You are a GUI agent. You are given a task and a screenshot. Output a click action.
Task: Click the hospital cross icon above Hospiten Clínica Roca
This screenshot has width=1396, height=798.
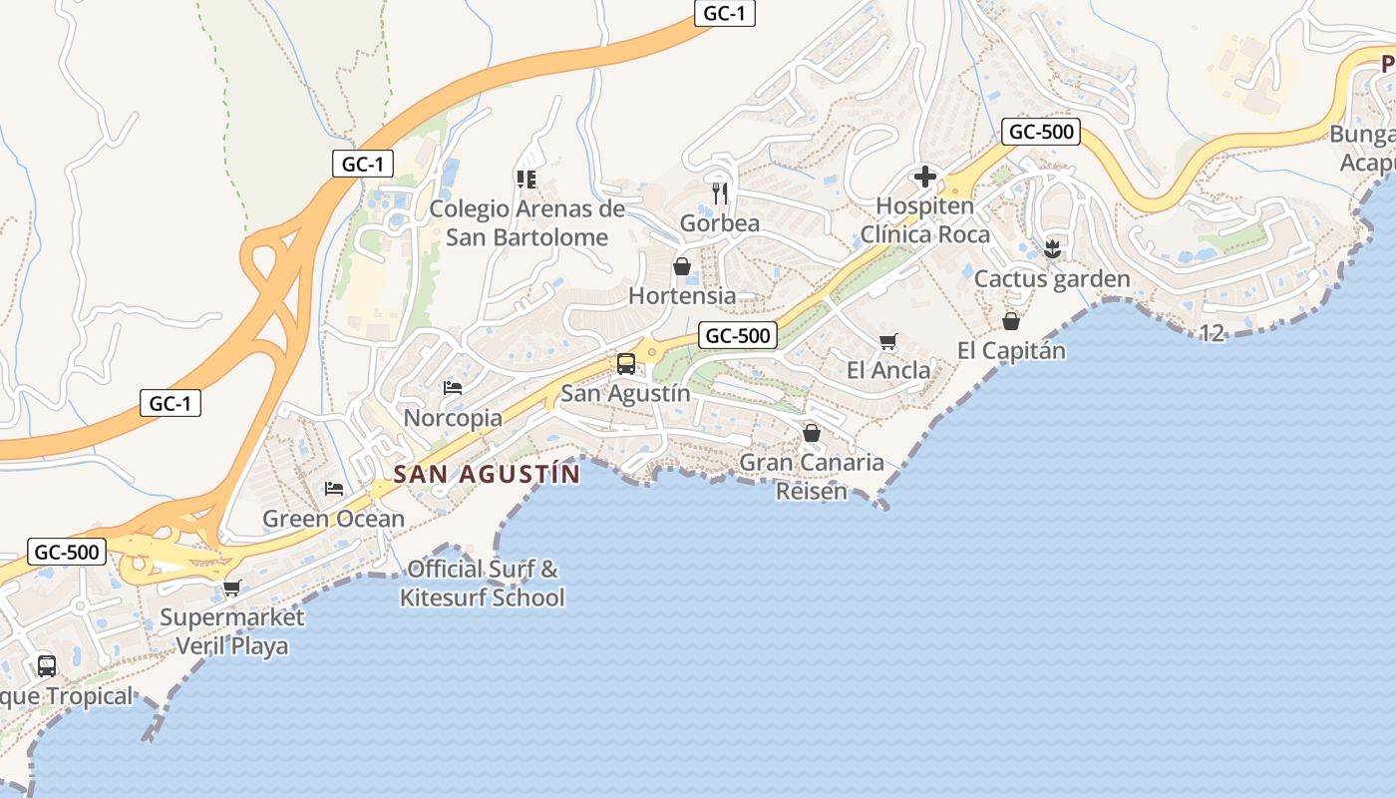pos(924,178)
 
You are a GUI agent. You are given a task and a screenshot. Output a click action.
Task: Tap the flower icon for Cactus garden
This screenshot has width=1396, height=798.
pos(1051,249)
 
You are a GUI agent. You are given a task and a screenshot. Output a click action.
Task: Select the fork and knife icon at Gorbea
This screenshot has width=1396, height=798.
pos(720,192)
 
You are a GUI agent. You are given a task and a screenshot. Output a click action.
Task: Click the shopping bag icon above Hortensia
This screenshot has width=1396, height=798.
pos(682,266)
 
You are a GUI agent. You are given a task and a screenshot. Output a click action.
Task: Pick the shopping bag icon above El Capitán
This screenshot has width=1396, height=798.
pos(1011,321)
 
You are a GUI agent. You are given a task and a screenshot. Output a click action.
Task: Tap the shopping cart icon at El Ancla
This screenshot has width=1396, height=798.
pos(887,341)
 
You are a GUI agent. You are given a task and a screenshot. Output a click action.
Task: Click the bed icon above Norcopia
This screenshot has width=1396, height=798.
pos(453,387)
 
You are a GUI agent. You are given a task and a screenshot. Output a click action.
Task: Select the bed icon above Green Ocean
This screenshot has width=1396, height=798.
pos(334,489)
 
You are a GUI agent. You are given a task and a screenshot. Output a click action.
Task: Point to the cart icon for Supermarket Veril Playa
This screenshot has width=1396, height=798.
pos(231,588)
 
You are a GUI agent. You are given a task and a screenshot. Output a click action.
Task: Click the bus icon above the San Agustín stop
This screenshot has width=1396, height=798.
pos(625,363)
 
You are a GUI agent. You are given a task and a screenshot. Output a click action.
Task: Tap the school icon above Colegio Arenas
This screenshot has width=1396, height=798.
pos(525,180)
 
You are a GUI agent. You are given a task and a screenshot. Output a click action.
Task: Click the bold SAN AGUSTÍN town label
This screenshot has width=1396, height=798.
pos(487,474)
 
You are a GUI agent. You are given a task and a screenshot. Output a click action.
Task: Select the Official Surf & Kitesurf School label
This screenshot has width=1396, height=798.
pos(483,584)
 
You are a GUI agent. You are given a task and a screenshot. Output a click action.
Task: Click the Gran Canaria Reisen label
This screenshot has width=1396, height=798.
pos(812,477)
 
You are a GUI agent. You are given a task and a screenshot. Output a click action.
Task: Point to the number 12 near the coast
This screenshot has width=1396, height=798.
pos(1212,333)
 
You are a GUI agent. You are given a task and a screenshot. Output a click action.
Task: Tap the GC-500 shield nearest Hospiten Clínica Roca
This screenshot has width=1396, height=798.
pos(1041,132)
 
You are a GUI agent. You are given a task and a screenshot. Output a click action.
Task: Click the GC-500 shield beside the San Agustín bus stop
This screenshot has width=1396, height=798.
pos(737,335)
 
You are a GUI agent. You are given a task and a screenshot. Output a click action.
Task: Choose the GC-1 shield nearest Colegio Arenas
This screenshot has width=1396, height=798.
pos(362,165)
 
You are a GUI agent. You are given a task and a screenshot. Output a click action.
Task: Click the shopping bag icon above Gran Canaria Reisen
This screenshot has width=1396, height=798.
pos(812,433)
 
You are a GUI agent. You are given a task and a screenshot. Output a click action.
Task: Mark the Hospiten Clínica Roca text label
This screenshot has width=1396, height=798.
pos(924,220)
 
